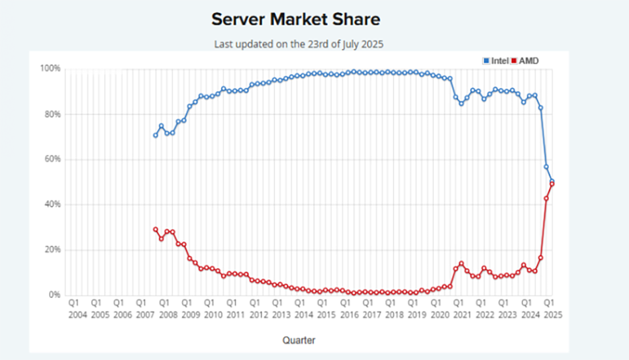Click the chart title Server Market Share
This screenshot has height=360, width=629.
[295, 19]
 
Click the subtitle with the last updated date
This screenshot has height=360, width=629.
[299, 44]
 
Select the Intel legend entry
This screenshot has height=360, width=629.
[496, 61]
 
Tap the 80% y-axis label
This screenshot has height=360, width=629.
[52, 114]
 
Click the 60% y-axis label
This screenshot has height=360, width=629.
[52, 159]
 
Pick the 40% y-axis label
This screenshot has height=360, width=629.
[52, 204]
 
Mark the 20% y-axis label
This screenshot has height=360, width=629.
[52, 250]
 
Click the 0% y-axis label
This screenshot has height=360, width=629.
[54, 295]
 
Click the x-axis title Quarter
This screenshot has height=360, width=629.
[299, 340]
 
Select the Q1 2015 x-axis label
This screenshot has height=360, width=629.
[325, 309]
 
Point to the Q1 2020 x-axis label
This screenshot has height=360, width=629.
[438, 309]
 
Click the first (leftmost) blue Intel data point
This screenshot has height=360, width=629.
[156, 135]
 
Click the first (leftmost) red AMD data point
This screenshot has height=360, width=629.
[156, 230]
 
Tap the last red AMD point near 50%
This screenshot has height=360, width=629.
[552, 184]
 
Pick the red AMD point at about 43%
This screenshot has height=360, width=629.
[546, 199]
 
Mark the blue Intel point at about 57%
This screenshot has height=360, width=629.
[546, 167]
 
